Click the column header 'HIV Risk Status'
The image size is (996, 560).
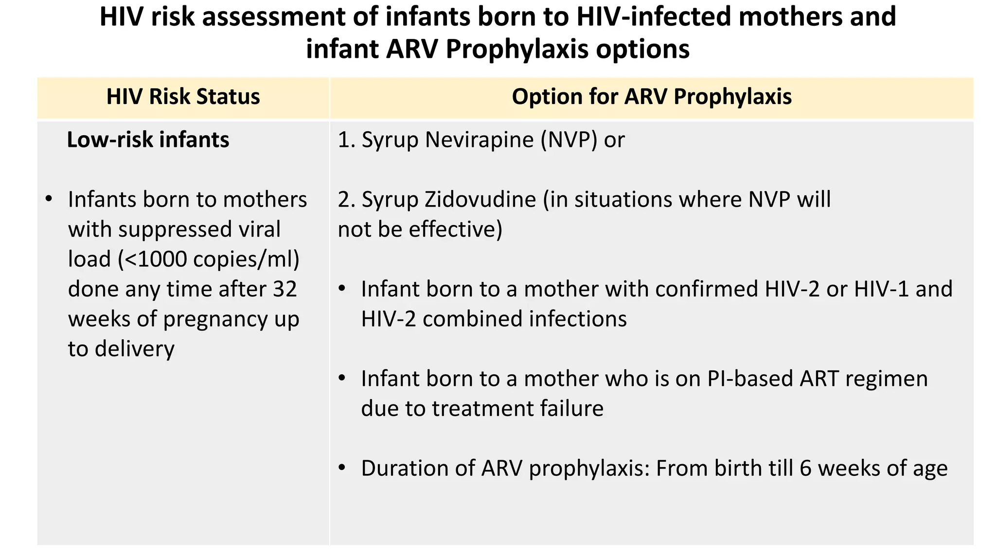click(x=183, y=97)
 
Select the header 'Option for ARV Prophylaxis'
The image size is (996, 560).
click(x=651, y=97)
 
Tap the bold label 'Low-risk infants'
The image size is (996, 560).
click(x=148, y=140)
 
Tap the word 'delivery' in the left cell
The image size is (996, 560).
click(x=135, y=349)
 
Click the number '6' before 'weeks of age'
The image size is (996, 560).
click(x=805, y=469)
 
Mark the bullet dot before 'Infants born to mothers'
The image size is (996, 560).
click(x=48, y=200)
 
